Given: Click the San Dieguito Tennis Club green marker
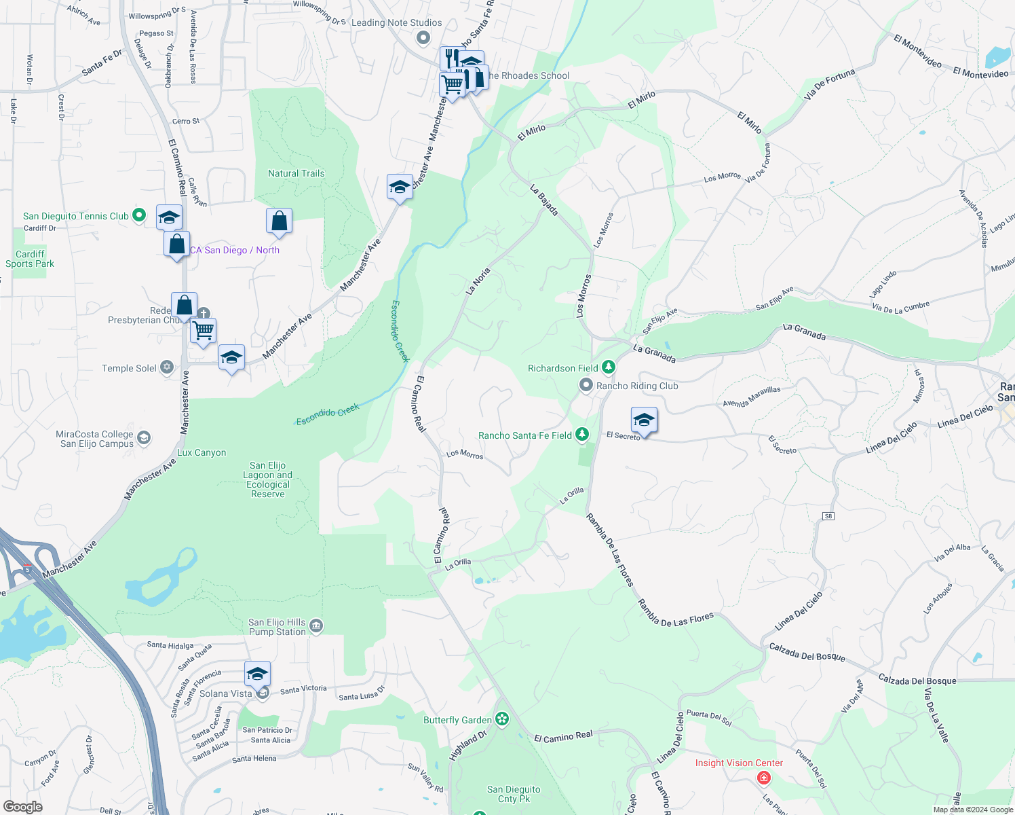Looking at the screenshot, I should [x=139, y=215].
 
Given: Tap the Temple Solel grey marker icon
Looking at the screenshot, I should [x=167, y=367].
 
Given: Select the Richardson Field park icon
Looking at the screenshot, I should [x=609, y=367].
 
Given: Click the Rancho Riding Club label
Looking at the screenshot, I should [x=637, y=386].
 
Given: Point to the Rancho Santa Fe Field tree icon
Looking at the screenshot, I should [x=582, y=435].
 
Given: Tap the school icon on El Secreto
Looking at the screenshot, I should [x=643, y=420].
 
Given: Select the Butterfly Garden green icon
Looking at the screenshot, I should [x=502, y=719].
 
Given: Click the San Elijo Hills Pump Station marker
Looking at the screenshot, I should [x=316, y=626].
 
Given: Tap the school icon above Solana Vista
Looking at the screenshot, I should [x=257, y=674].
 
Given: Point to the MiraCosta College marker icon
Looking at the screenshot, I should [x=144, y=437].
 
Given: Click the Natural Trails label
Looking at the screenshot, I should [x=296, y=173].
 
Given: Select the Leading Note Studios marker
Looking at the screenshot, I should [x=423, y=38].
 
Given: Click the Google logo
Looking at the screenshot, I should [x=23, y=807].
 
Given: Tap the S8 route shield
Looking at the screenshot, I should [x=828, y=516].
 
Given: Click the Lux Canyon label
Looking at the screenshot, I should [x=202, y=453].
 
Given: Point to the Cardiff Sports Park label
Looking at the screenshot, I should [x=30, y=259].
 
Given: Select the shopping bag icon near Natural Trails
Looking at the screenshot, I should [x=279, y=221].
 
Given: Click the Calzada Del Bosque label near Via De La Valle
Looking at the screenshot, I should [x=917, y=681].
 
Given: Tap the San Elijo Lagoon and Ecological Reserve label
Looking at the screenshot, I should [x=268, y=479].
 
